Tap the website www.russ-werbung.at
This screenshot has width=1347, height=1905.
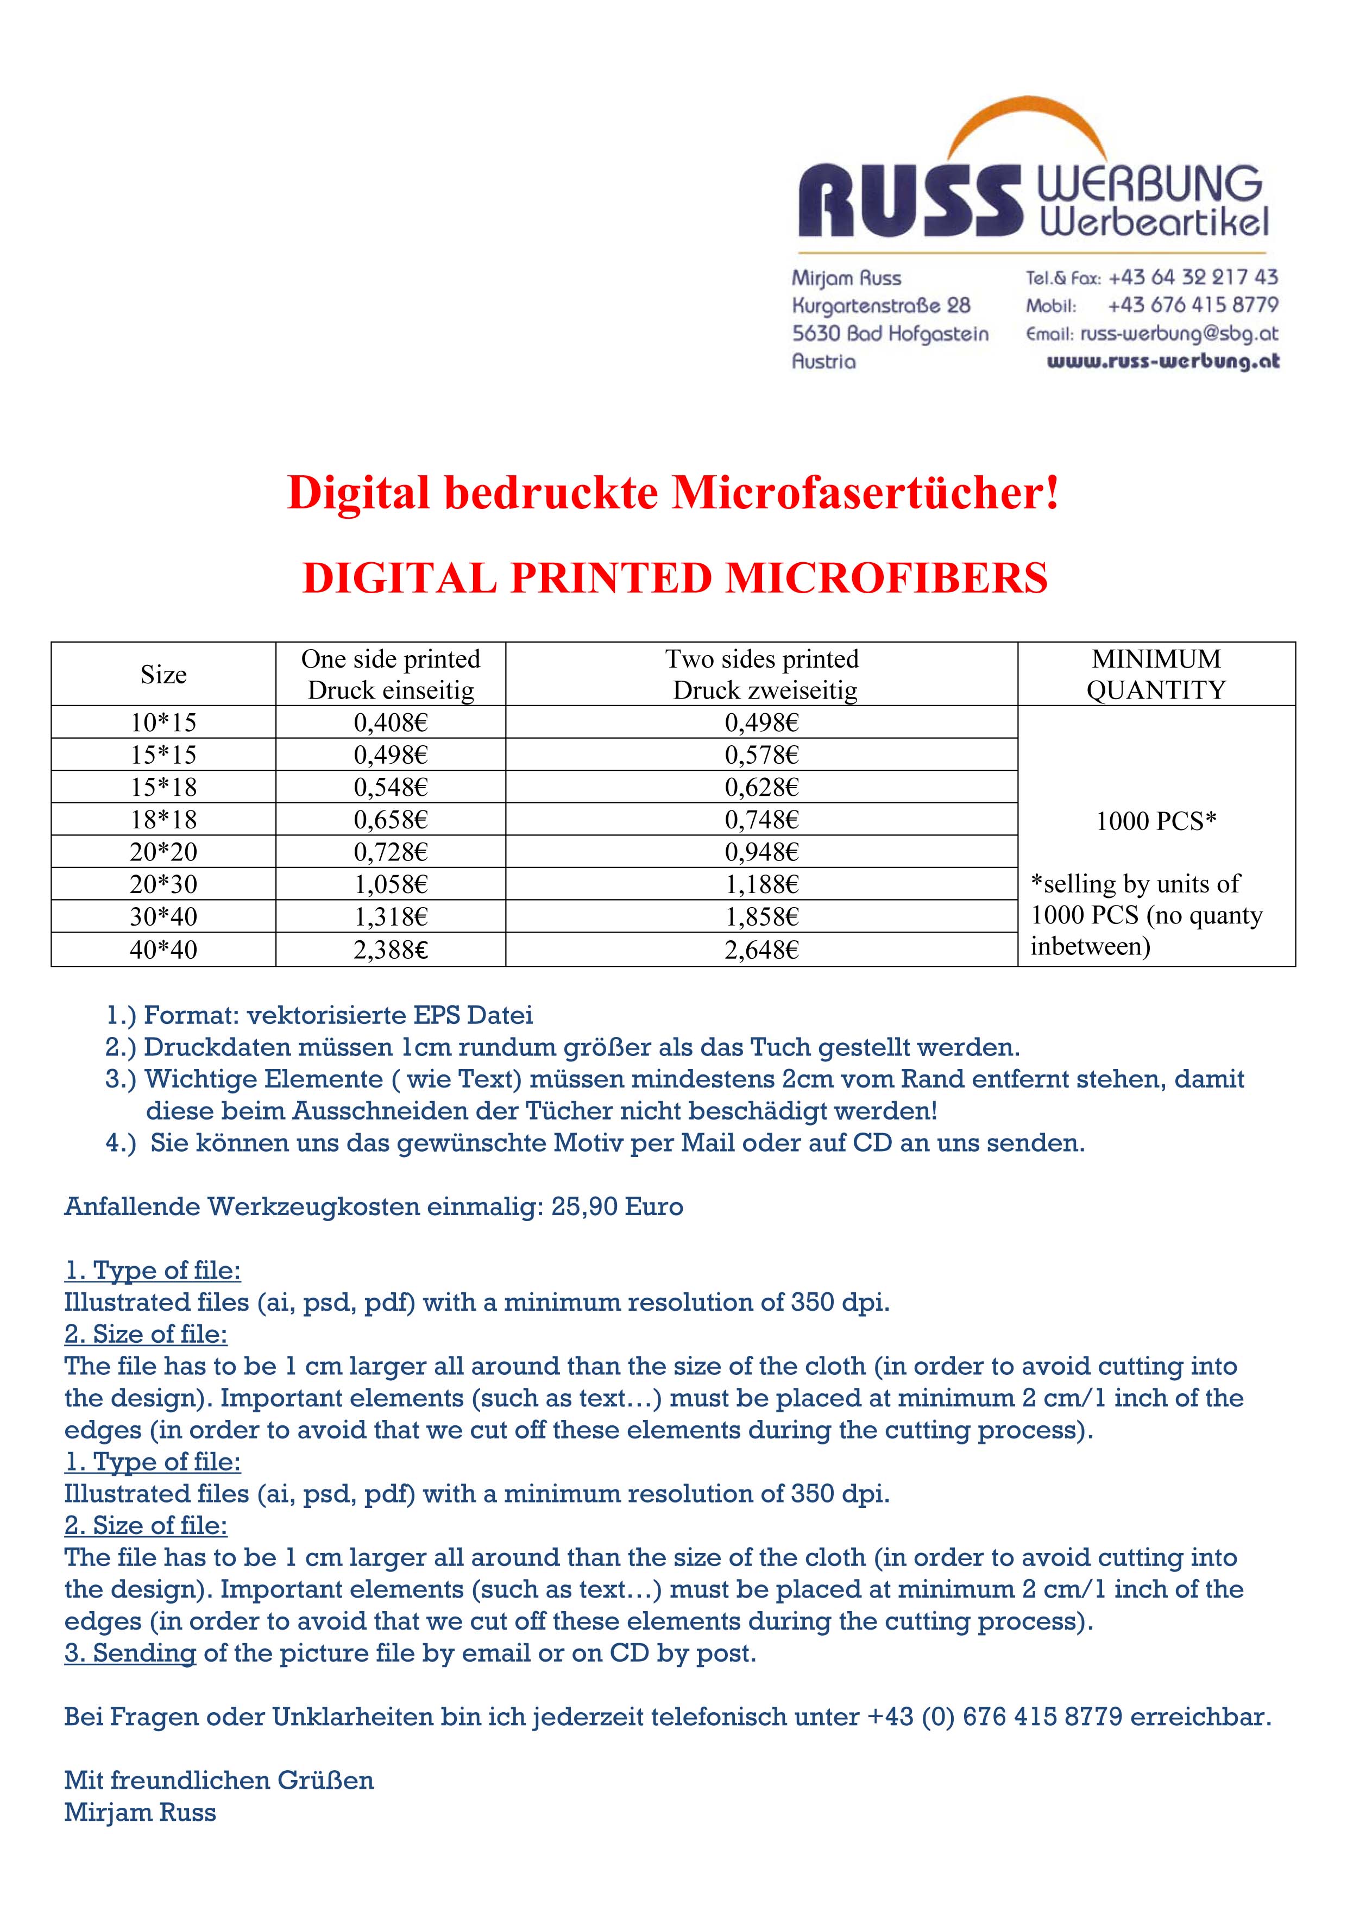pos(1163,362)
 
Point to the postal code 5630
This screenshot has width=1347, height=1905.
pos(815,334)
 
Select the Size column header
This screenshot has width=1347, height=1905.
pos(163,675)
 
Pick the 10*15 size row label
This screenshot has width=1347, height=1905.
pos(163,722)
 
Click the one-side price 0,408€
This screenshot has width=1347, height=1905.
pos(391,722)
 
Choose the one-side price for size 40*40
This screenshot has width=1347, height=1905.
pos(391,949)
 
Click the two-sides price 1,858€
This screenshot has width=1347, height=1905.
pos(761,917)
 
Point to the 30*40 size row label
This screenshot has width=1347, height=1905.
pos(163,917)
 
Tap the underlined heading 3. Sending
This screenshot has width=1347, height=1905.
pos(130,1653)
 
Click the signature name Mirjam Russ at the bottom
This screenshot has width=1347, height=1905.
pos(140,1812)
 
